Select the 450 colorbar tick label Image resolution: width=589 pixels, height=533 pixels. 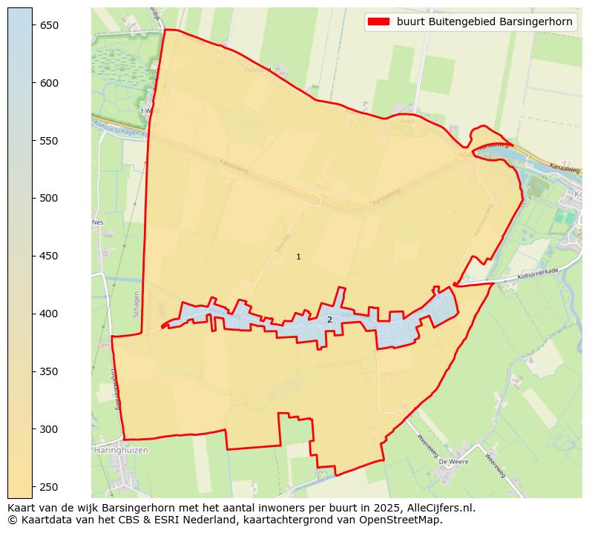tap(49, 256)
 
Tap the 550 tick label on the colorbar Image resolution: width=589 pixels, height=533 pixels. tap(49, 141)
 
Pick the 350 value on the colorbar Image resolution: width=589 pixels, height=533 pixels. tap(49, 371)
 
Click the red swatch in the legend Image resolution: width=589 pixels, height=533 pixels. tap(378, 22)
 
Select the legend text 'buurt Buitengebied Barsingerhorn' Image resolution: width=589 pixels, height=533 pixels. tap(484, 22)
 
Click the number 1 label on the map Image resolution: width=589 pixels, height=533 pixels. tap(298, 256)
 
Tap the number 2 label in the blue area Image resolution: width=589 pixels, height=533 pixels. tap(329, 320)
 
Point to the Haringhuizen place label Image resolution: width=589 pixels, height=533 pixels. tap(121, 450)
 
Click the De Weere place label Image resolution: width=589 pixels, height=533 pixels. tap(451, 461)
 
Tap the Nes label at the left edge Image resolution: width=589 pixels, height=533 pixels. tap(97, 222)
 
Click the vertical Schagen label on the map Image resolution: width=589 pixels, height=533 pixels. tap(136, 304)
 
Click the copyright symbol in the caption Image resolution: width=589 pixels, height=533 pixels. tap(13, 520)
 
